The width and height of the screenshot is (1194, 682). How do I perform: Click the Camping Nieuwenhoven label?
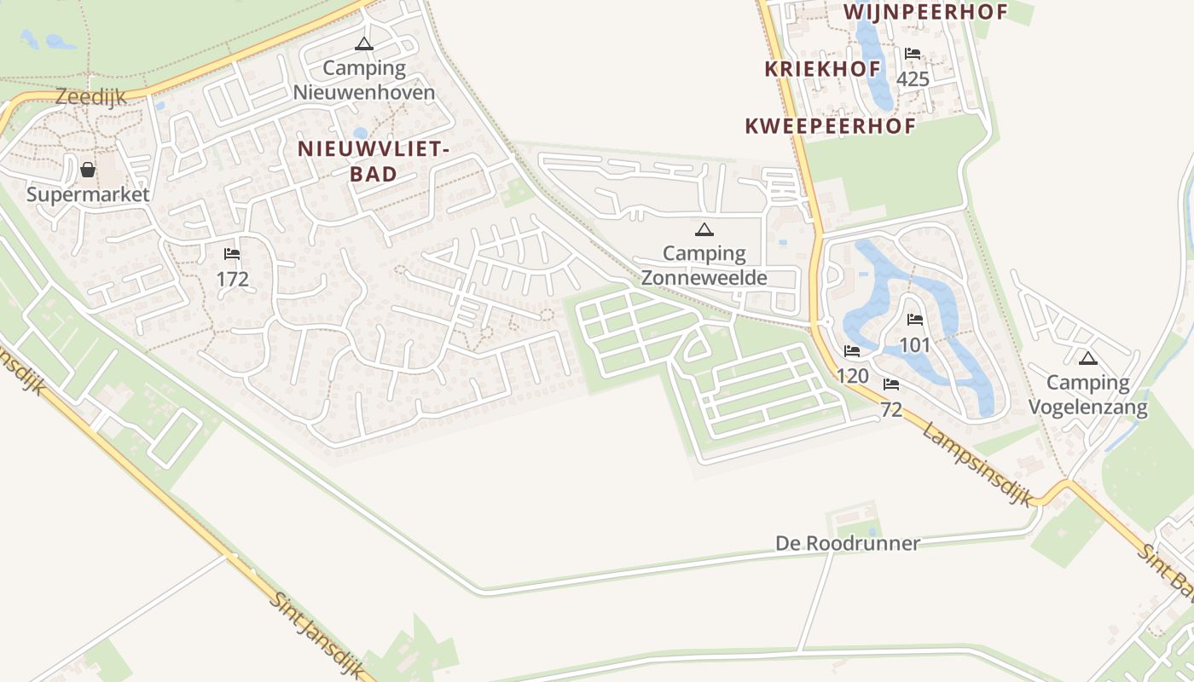(364, 80)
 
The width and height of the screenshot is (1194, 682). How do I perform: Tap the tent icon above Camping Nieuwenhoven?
(364, 43)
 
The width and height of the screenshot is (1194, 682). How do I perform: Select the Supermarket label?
(88, 194)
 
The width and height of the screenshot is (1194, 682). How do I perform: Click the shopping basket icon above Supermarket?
(88, 170)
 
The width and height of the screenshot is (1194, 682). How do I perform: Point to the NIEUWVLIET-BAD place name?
(374, 161)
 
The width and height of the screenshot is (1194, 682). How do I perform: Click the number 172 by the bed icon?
(232, 279)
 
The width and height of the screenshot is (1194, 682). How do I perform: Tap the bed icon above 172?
(232, 254)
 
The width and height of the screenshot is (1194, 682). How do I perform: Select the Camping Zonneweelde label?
(704, 265)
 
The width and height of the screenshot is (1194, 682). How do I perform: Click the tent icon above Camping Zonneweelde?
(704, 228)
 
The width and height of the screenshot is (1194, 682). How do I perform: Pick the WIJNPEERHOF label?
(925, 12)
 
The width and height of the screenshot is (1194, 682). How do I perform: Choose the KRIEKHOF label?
(821, 69)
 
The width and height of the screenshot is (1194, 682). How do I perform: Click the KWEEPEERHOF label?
(830, 126)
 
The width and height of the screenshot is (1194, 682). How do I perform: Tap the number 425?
(913, 79)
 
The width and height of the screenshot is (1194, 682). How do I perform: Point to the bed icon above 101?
(915, 320)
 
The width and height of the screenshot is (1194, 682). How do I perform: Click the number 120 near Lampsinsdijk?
(852, 376)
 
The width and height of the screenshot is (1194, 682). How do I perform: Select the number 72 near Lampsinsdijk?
(891, 409)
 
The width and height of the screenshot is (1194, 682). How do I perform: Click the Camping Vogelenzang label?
(1087, 395)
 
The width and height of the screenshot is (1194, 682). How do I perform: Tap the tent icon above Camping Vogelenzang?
(1087, 358)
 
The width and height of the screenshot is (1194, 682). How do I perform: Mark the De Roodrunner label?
(848, 543)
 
